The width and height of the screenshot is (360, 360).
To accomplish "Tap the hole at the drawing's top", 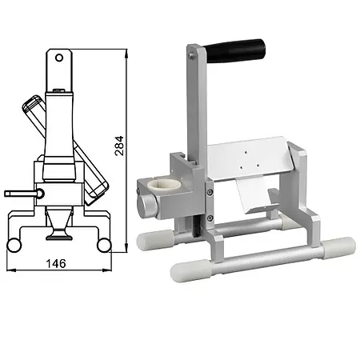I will (x=58, y=56).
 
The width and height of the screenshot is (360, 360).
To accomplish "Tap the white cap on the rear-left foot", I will (x=153, y=239).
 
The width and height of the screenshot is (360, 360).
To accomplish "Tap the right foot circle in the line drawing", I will (x=102, y=243).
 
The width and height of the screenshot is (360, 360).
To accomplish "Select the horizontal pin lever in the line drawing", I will (x=20, y=193).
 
